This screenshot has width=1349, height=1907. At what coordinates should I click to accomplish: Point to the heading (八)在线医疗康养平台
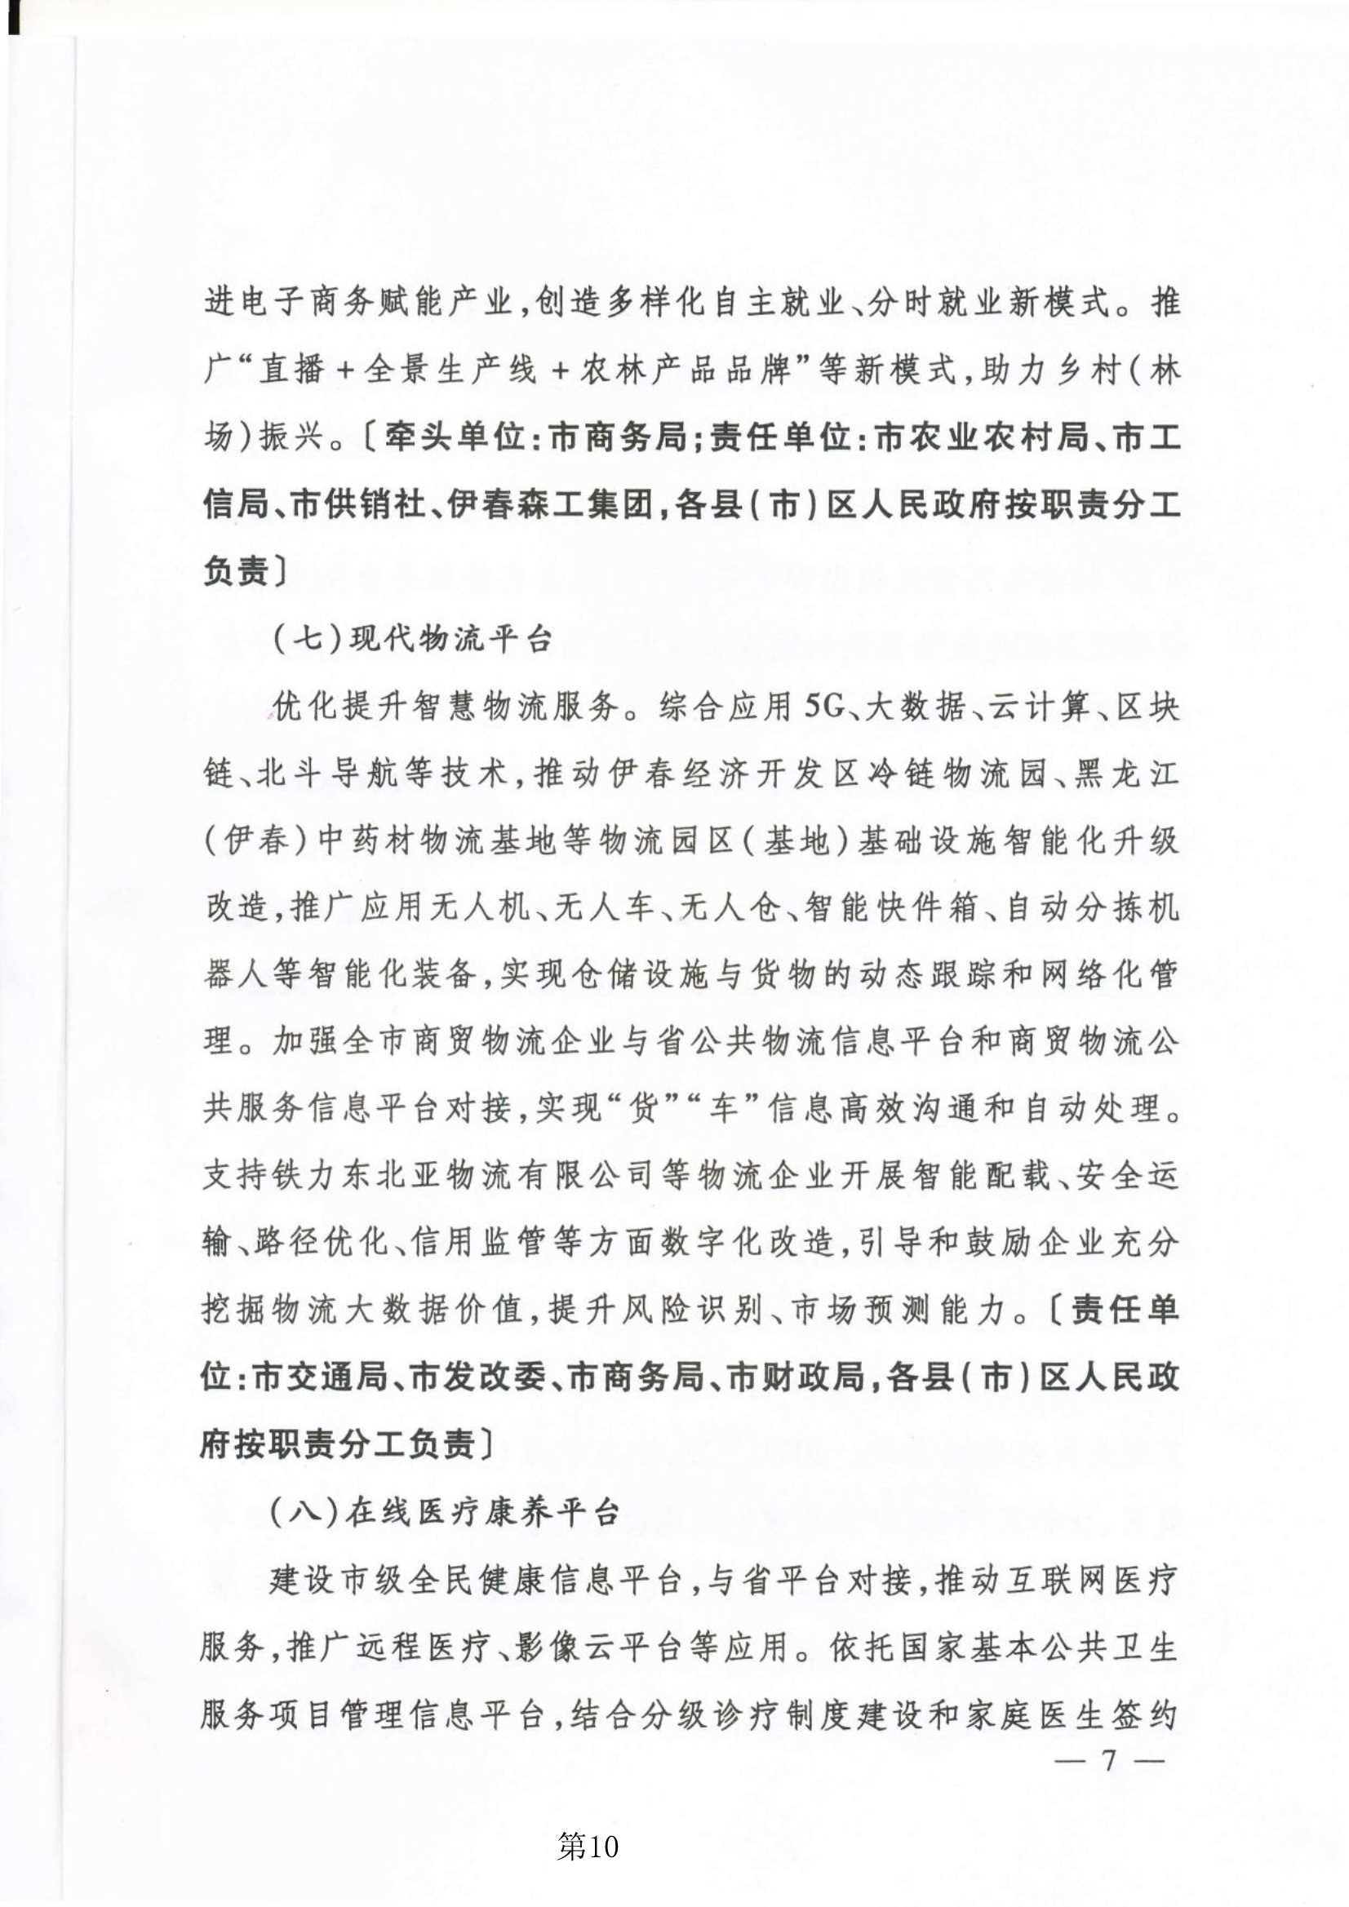point(445,1513)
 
